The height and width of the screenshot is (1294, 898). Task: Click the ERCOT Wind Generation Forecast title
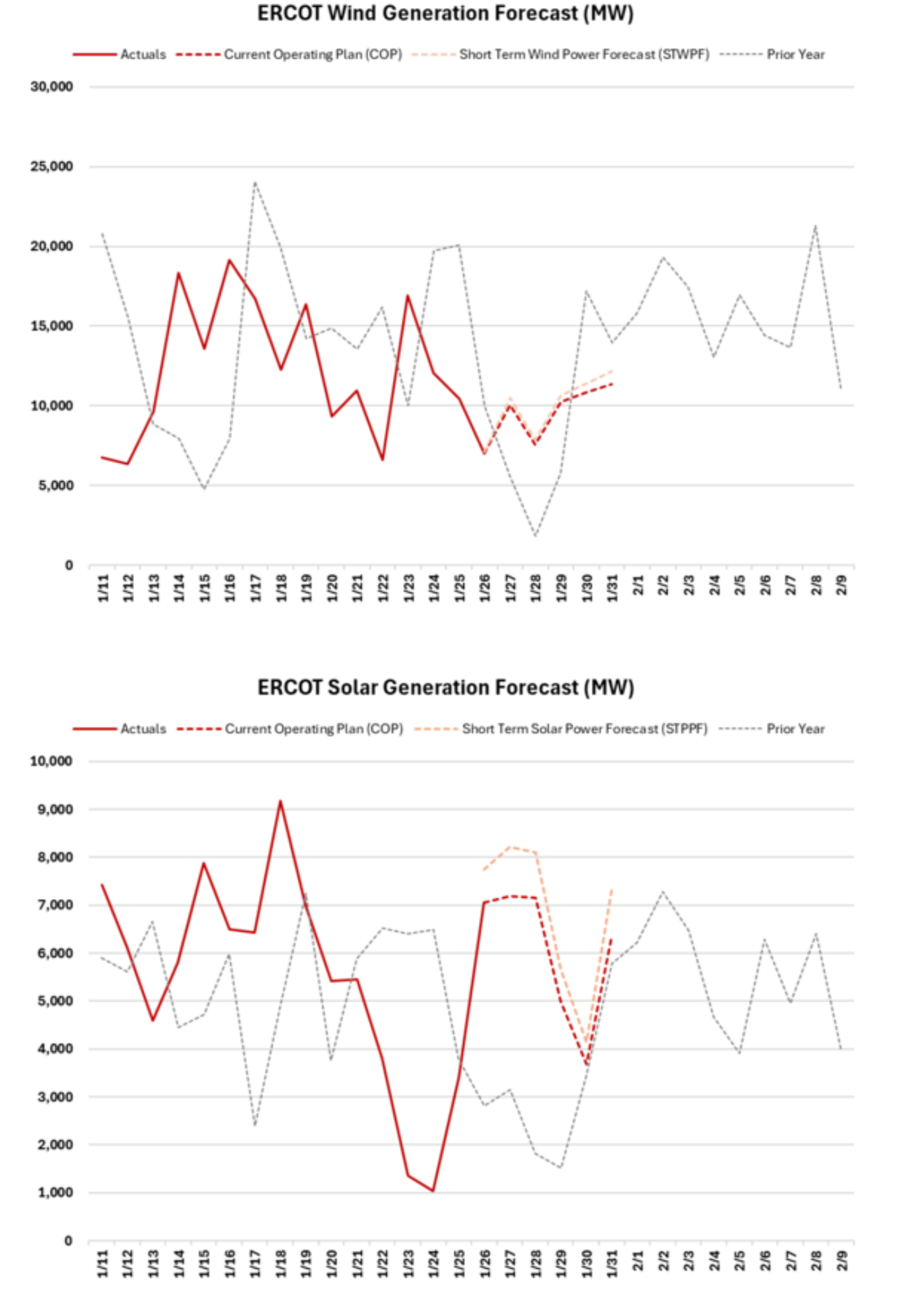[x=445, y=14]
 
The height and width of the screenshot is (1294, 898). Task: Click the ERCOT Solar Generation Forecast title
[x=445, y=687]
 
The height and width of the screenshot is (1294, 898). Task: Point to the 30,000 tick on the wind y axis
[x=52, y=87]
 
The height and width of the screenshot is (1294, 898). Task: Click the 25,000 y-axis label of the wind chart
[x=52, y=167]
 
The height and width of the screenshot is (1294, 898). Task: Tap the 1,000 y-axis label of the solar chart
[x=55, y=1192]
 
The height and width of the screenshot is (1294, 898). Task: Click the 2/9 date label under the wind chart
[x=842, y=586]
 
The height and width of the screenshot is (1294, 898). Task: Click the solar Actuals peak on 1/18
[x=281, y=801]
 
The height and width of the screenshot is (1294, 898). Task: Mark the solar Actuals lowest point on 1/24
[x=434, y=1191]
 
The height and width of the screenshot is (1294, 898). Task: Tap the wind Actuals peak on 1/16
[x=229, y=260]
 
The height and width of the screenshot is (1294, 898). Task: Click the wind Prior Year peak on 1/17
[x=255, y=182]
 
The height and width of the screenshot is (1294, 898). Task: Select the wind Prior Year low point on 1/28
[x=536, y=537]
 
